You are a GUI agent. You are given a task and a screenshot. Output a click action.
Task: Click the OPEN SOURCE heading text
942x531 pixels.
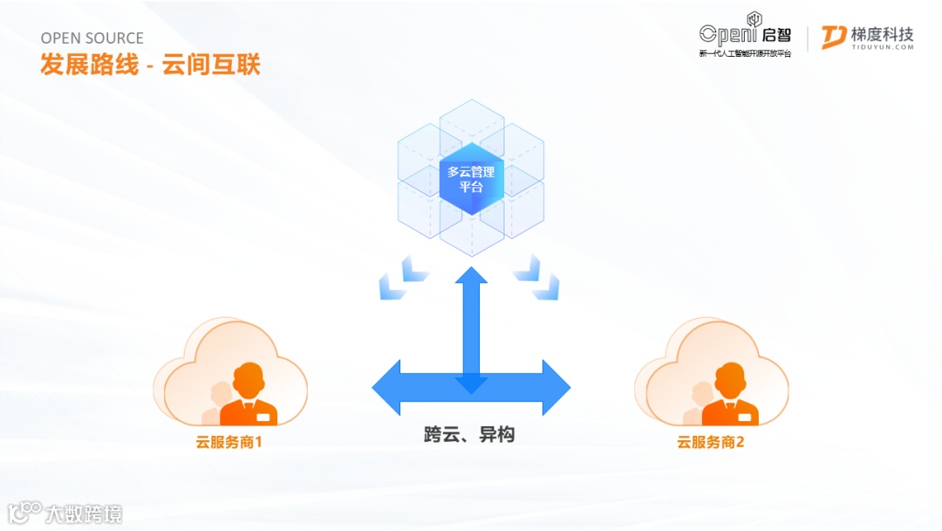click(92, 38)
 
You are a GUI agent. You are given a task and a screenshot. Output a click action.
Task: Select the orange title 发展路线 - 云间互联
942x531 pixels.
click(150, 65)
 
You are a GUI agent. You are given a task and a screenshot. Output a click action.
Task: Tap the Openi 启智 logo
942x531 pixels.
click(745, 33)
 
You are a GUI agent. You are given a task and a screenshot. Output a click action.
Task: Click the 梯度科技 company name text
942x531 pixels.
click(882, 33)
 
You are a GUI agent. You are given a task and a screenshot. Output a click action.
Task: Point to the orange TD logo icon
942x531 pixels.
click(834, 38)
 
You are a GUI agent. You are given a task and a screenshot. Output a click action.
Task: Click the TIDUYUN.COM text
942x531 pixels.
click(882, 48)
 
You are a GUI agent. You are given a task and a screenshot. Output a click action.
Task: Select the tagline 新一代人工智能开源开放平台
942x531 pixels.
click(745, 54)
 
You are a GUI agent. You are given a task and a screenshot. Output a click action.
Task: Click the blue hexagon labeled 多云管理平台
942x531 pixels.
click(471, 179)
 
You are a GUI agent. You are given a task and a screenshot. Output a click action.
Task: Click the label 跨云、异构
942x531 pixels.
click(469, 434)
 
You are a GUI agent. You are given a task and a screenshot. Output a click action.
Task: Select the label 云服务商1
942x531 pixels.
click(229, 442)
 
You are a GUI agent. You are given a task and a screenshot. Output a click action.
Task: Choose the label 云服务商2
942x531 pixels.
click(711, 442)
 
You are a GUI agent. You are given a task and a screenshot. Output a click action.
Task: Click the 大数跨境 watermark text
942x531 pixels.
click(84, 514)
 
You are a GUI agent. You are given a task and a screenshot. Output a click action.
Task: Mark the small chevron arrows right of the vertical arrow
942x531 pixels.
click(537, 278)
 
